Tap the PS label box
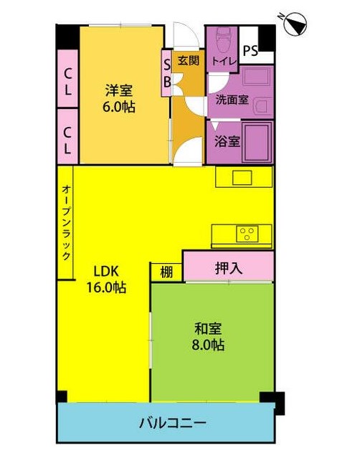point(250,50)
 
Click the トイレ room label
point(222,62)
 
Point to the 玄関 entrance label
point(189,60)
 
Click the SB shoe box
point(166,72)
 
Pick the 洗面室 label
point(232,100)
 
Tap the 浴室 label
point(227,141)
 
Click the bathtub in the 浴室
point(257,141)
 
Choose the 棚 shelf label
point(166,272)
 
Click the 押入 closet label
point(228,268)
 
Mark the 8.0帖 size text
point(209,345)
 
